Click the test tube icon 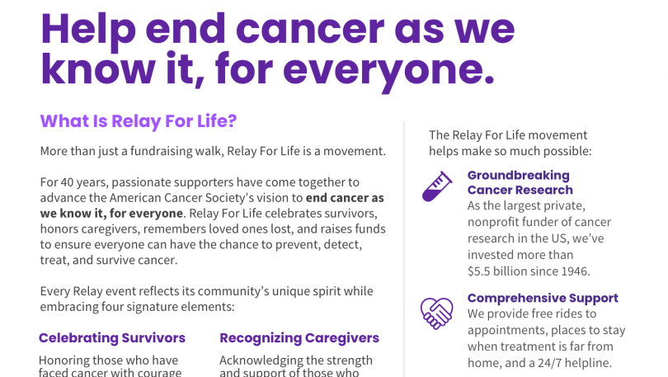click(436, 186)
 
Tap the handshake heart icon click(436, 313)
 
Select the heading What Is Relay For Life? click(139, 121)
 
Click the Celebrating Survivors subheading click(112, 337)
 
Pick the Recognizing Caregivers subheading click(299, 337)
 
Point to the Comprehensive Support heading click(543, 298)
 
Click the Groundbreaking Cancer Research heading click(520, 182)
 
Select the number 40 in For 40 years click(68, 182)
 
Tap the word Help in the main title click(88, 30)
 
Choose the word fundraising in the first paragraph click(161, 151)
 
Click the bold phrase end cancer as click(345, 198)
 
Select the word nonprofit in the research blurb click(493, 223)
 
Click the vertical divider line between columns click(404, 249)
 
